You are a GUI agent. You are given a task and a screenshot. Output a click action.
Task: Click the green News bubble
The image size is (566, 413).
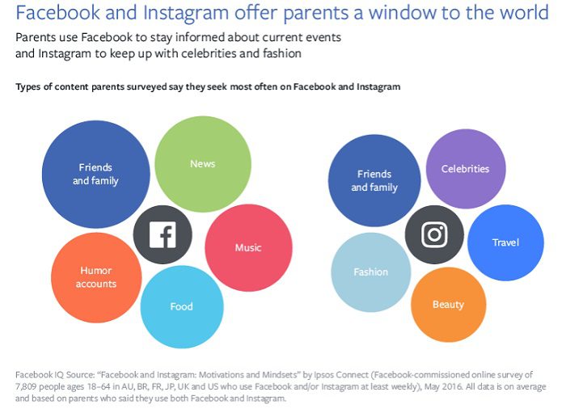202,164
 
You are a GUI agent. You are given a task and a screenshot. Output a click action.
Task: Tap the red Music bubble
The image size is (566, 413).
247,247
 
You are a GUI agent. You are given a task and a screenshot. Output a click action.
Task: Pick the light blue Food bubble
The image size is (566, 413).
181,306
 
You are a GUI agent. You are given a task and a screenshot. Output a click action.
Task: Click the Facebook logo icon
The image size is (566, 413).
163,235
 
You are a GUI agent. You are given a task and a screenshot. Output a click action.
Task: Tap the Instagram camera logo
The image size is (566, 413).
434,234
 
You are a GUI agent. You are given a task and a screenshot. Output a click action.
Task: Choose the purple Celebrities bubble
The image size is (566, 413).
465,169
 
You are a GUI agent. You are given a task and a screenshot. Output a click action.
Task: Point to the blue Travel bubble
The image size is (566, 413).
505,242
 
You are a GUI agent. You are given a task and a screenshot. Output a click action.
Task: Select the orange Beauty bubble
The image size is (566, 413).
448,305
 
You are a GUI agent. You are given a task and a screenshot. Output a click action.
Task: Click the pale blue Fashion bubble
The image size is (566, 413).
371,272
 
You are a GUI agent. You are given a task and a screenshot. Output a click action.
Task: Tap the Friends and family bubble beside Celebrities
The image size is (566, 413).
374,180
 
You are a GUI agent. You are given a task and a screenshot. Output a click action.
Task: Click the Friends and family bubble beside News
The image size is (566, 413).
95,175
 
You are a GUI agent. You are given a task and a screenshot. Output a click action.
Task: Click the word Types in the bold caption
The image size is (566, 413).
30,86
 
